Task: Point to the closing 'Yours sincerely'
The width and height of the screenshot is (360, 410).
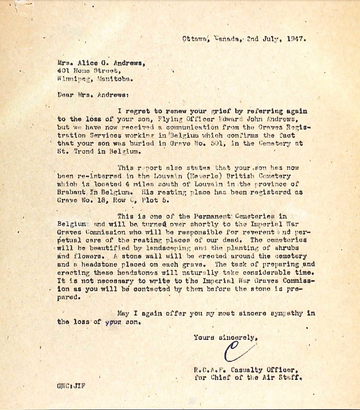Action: click(225, 338)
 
